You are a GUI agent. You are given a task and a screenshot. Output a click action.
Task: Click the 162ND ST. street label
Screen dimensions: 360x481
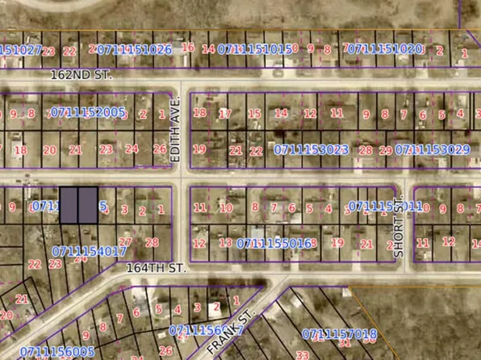(81, 74)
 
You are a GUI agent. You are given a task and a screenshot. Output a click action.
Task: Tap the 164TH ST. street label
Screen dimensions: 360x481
(157, 269)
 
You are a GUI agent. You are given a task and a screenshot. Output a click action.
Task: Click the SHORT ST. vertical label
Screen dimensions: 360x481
(398, 230)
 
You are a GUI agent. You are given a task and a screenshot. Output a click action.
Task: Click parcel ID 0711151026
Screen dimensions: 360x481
(132, 49)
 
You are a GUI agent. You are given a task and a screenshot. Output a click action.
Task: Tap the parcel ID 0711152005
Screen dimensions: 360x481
(87, 112)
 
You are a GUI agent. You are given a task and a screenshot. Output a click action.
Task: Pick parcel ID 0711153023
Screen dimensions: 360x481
(311, 149)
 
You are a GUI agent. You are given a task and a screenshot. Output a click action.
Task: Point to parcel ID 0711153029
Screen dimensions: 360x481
(433, 149)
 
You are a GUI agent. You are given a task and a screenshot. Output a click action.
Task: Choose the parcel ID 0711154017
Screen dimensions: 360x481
(89, 251)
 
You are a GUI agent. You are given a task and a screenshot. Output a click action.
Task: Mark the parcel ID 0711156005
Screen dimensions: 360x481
(57, 352)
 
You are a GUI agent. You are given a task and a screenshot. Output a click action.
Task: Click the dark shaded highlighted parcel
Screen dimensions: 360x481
(79, 205)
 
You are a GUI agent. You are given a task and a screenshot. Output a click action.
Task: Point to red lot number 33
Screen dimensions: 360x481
(303, 354)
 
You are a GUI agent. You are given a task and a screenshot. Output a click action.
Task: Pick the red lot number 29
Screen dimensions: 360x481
(386, 150)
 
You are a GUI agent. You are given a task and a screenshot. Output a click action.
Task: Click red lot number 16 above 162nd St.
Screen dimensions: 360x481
(188, 48)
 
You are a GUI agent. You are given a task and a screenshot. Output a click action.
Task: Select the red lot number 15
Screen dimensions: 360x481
(254, 114)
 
